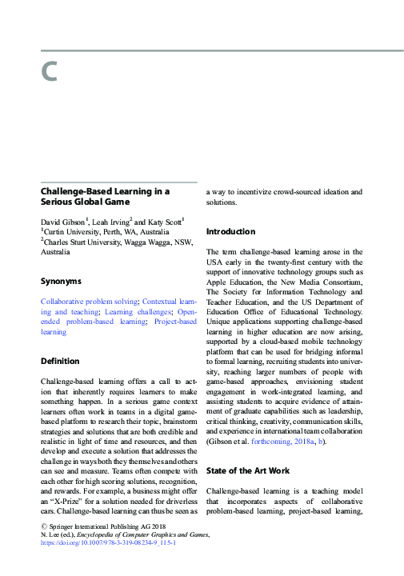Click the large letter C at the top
(50, 73)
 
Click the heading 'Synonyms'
(61, 282)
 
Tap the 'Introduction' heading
(231, 231)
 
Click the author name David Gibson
(65, 220)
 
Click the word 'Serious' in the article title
(58, 203)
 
